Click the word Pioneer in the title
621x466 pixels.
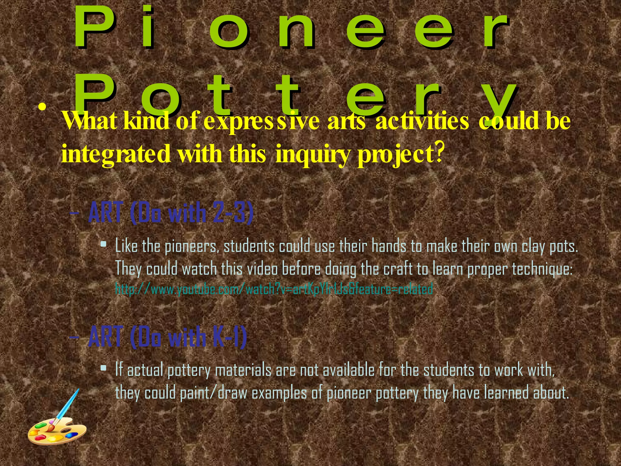pos(291,29)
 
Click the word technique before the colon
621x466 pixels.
pos(542,269)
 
